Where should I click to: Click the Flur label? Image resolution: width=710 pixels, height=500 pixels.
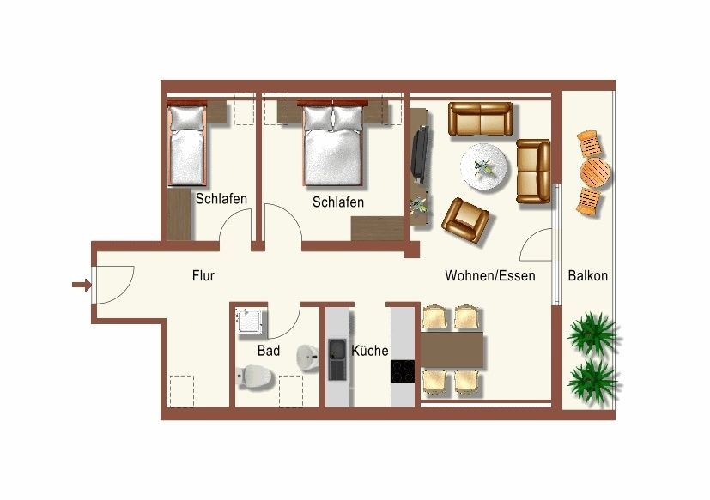coord(203,275)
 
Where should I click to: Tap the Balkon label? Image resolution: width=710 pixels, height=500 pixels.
coord(588,275)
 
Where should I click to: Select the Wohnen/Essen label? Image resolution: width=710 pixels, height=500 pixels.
coord(490,275)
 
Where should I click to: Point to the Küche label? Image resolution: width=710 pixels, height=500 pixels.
coord(370,351)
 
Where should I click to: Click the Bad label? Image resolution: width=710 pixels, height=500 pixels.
coord(269,351)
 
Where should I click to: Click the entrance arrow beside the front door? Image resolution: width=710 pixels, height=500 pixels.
coord(82,285)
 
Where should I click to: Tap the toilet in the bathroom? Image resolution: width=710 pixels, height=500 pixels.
coord(254,376)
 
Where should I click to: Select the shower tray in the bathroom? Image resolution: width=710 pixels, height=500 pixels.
coord(251,322)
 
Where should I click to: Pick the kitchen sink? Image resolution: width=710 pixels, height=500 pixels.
coord(337,359)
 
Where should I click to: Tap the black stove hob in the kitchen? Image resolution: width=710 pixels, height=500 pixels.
coord(403,372)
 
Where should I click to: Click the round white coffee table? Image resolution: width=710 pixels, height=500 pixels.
coord(483,167)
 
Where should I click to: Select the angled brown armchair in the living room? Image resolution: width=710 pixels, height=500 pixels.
coord(465,220)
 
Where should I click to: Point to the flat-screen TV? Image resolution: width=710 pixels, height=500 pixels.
coord(419,154)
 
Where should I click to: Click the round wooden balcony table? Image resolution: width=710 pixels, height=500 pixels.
coord(595,172)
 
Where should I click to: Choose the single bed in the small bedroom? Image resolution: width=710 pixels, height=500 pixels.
coord(186,144)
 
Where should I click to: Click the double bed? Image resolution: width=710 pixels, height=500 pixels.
coord(333,144)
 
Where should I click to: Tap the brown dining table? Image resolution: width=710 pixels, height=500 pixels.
coord(452,351)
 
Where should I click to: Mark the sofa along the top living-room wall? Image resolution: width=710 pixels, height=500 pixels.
coord(481,119)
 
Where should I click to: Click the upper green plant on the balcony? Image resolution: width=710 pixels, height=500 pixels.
coord(592,334)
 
